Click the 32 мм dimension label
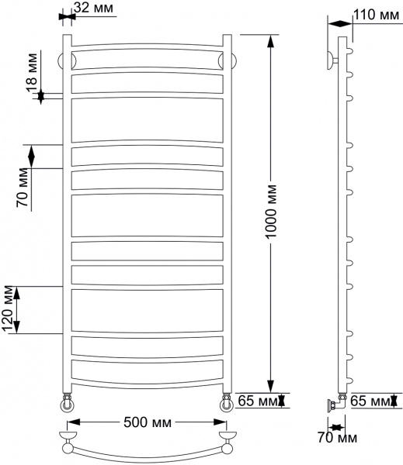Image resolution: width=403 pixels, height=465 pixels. click(x=96, y=9)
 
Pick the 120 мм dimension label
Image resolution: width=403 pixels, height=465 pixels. click(x=9, y=310)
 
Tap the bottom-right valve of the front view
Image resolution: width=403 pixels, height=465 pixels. click(x=226, y=402)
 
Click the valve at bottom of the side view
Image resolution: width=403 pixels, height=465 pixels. click(x=334, y=402)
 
